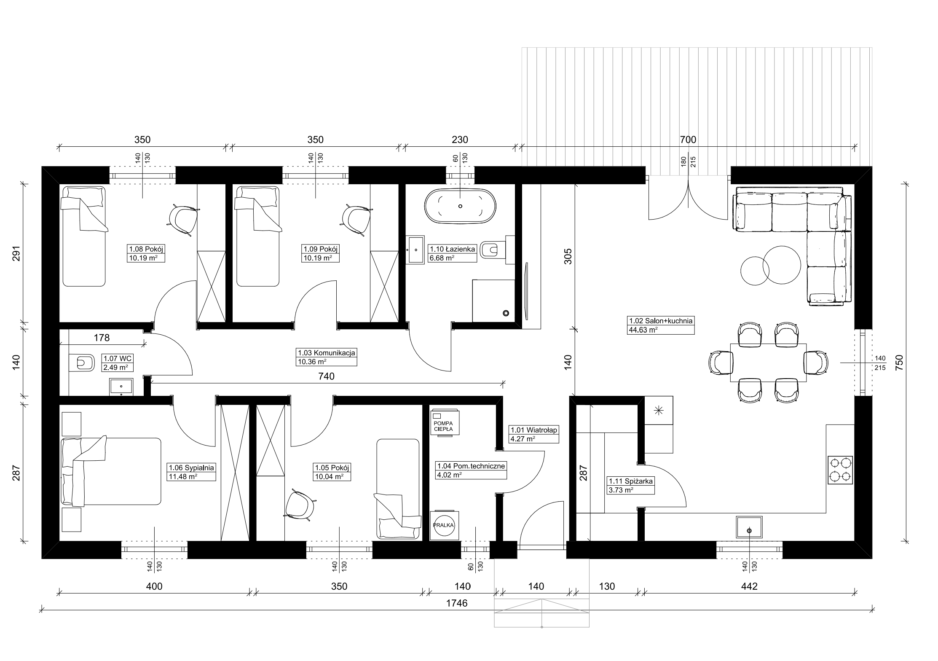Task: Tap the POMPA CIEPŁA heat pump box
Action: click(445, 422)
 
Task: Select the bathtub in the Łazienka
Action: click(460, 206)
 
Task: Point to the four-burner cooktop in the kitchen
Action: click(840, 470)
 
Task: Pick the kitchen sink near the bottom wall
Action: click(749, 527)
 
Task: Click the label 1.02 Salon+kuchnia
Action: click(660, 321)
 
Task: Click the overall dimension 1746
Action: click(457, 603)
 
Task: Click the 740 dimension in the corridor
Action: click(327, 376)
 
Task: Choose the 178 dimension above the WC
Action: click(102, 338)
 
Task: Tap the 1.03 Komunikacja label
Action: click(327, 353)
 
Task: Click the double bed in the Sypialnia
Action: click(111, 471)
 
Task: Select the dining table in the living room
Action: click(768, 363)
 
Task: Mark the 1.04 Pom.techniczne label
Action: click(471, 466)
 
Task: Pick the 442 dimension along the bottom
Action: click(749, 586)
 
